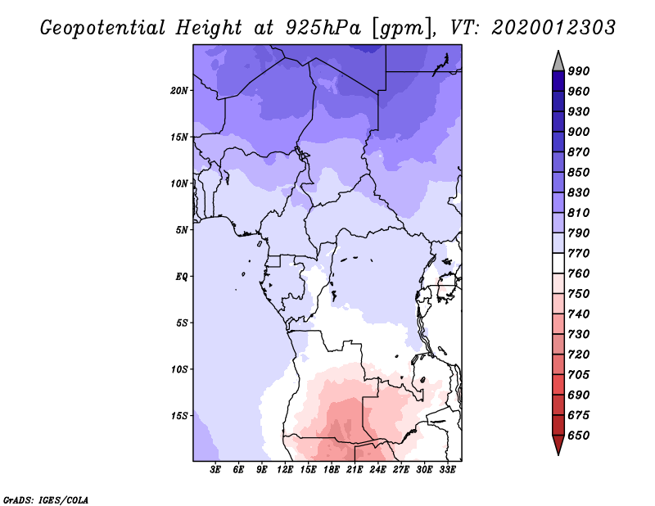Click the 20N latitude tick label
tap(179, 91)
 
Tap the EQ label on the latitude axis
tap(181, 276)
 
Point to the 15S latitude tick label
tap(179, 416)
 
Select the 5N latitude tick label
tap(182, 230)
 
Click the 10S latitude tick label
tap(179, 369)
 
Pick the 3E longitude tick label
tap(215, 470)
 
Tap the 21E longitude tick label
tap(355, 470)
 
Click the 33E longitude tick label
tap(447, 470)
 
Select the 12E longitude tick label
tap(284, 470)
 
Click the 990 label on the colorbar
tap(578, 71)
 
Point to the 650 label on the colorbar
tap(578, 436)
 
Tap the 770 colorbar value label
tap(578, 253)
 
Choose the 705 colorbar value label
tap(578, 375)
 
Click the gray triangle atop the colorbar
tap(558, 62)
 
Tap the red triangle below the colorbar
tap(558, 444)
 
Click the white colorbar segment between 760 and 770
tap(558, 264)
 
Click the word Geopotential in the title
tap(103, 28)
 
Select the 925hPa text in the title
tap(323, 28)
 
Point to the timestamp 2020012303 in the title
tap(553, 28)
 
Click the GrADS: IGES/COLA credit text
tap(46, 500)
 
